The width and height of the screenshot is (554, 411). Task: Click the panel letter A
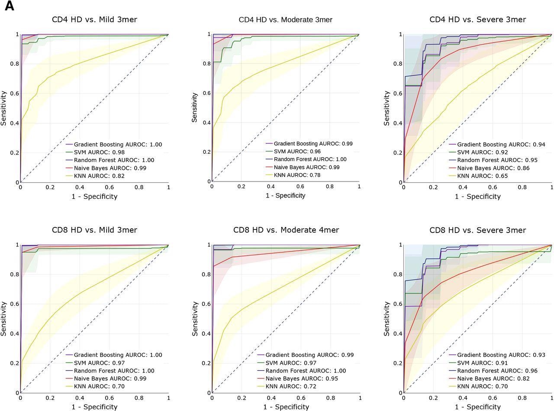pos(9,6)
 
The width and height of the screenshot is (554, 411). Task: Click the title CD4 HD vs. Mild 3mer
pos(94,19)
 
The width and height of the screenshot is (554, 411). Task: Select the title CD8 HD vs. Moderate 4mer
pos(286,230)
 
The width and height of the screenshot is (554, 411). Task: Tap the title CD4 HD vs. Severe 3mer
pos(477,19)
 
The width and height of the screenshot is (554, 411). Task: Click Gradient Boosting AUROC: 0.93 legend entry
pos(501,355)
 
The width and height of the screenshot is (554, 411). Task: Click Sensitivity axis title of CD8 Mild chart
pos(4,319)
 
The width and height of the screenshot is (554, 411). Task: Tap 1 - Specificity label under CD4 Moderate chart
pos(285,195)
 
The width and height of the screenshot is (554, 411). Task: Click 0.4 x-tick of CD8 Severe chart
pos(463,398)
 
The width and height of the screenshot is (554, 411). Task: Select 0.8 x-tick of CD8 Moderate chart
pos(330,398)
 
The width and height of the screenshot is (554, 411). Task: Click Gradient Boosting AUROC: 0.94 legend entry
pos(501,144)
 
